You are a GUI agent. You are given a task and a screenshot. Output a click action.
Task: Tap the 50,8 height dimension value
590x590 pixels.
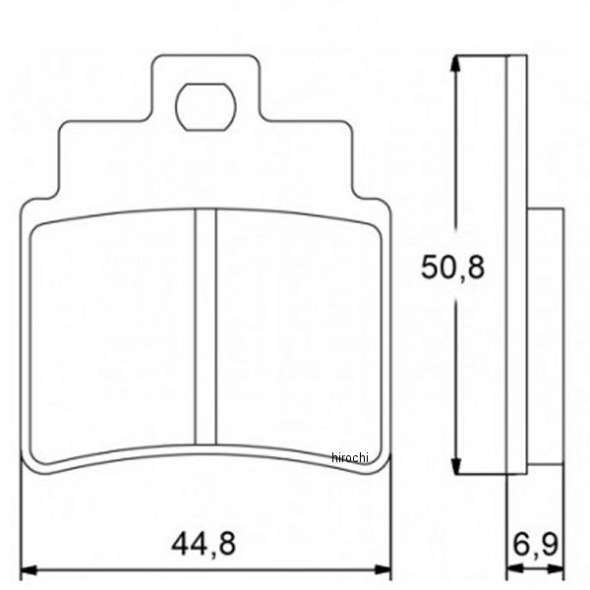point(453,266)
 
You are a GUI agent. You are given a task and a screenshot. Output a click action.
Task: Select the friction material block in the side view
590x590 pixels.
point(546,334)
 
